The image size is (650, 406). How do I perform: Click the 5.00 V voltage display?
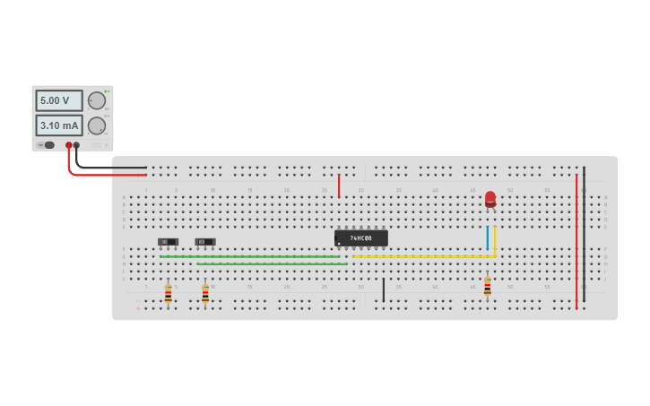click(x=59, y=100)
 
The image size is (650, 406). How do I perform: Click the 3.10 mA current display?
click(x=59, y=125)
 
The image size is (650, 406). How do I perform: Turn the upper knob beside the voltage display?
click(x=96, y=100)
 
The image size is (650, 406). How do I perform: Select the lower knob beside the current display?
click(x=96, y=125)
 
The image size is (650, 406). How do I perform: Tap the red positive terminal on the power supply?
click(x=68, y=145)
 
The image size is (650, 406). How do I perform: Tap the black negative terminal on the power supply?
click(x=76, y=145)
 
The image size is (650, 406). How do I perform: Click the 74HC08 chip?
click(x=361, y=238)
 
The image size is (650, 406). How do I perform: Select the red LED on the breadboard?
click(x=490, y=198)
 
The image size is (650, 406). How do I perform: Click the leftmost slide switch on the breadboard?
click(x=168, y=242)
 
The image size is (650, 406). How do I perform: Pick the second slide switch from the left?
click(x=205, y=242)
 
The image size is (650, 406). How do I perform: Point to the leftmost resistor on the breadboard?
click(x=168, y=293)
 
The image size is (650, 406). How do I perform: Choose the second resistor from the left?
click(x=205, y=293)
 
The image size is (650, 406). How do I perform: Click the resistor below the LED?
click(x=488, y=287)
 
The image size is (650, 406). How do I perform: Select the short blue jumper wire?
click(x=488, y=238)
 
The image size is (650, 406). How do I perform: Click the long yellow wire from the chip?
click(x=421, y=257)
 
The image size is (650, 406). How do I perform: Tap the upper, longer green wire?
click(x=251, y=256)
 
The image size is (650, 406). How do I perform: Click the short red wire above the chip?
click(x=339, y=186)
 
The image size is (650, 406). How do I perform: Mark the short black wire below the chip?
click(x=384, y=289)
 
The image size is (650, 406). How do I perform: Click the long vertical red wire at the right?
click(x=576, y=242)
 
